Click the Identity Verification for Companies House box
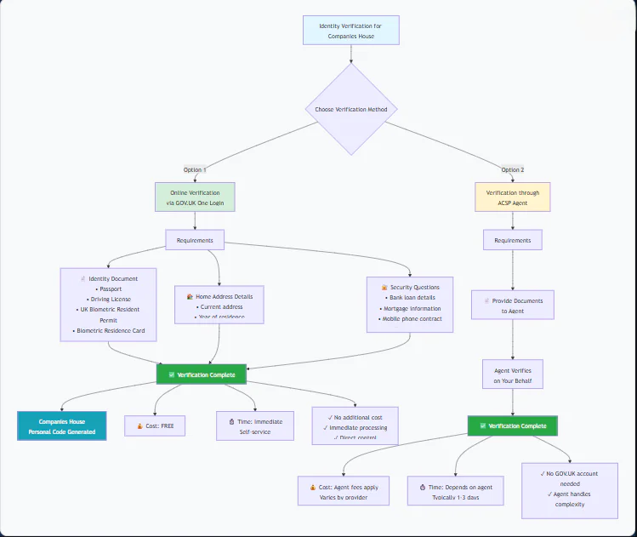pyautogui.click(x=350, y=31)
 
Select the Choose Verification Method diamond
pyautogui.click(x=350, y=109)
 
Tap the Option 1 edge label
pyautogui.click(x=195, y=169)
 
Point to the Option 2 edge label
pyautogui.click(x=512, y=169)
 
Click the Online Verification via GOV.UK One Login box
pyautogui.click(x=195, y=198)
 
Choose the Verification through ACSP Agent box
pyautogui.click(x=512, y=198)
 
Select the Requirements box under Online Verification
pyautogui.click(x=195, y=241)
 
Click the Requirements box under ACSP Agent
pyautogui.click(x=512, y=241)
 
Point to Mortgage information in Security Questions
pyautogui.click(x=412, y=309)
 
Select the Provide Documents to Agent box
pyautogui.click(x=512, y=306)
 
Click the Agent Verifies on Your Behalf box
pyautogui.click(x=512, y=375)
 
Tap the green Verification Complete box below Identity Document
pyautogui.click(x=202, y=374)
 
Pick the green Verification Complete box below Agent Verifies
pyautogui.click(x=512, y=426)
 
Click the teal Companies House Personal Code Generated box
pyautogui.click(x=62, y=426)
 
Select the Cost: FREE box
pyautogui.click(x=155, y=426)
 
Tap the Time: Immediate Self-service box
pyautogui.click(x=255, y=426)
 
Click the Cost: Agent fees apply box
pyautogui.click(x=344, y=491)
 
